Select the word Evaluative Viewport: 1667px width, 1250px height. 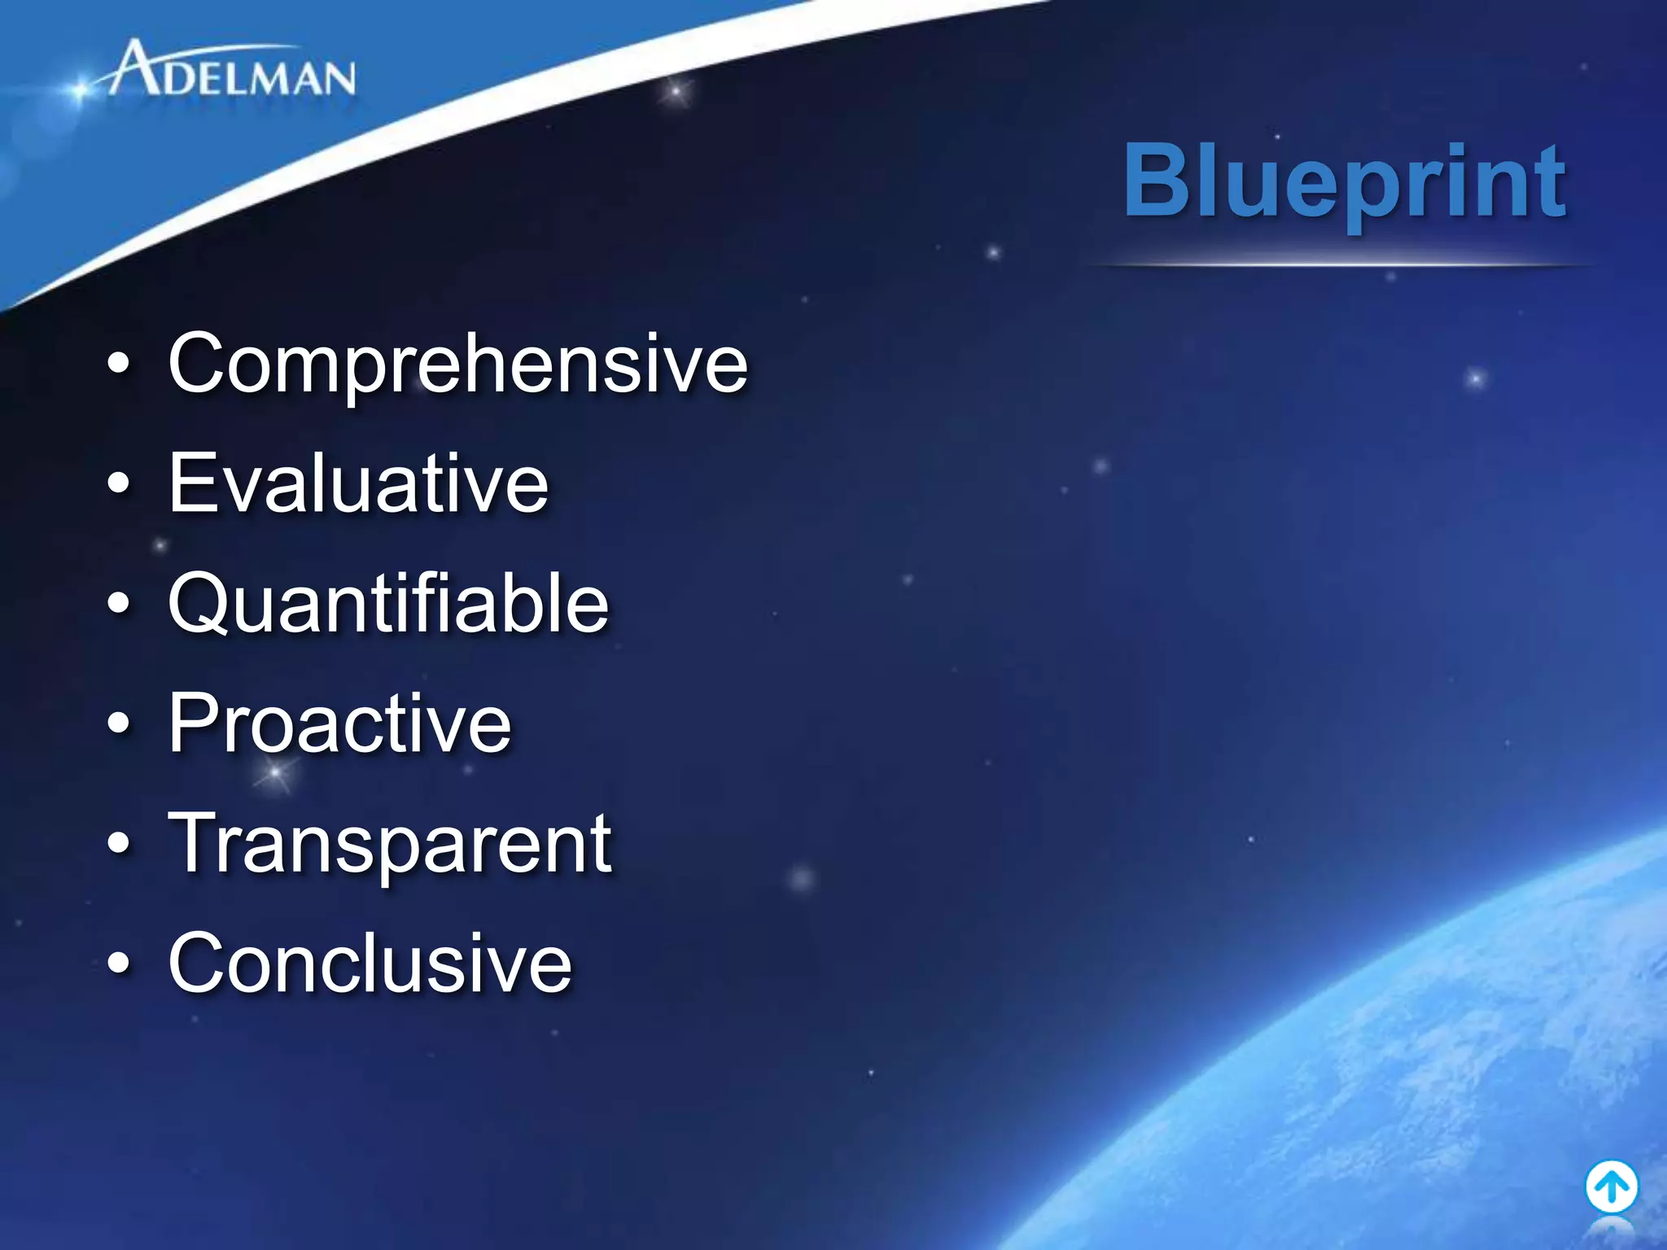(x=358, y=483)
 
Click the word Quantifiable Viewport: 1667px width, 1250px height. (x=388, y=603)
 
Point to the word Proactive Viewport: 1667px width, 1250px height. (x=339, y=723)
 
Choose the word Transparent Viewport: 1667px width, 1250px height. (x=390, y=844)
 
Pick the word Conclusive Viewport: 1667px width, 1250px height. (x=370, y=964)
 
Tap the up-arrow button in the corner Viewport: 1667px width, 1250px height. (x=1611, y=1187)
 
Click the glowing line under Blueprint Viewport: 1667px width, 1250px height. (x=1339, y=264)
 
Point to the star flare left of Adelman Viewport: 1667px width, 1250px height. (x=79, y=90)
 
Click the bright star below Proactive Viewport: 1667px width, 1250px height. (x=275, y=771)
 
